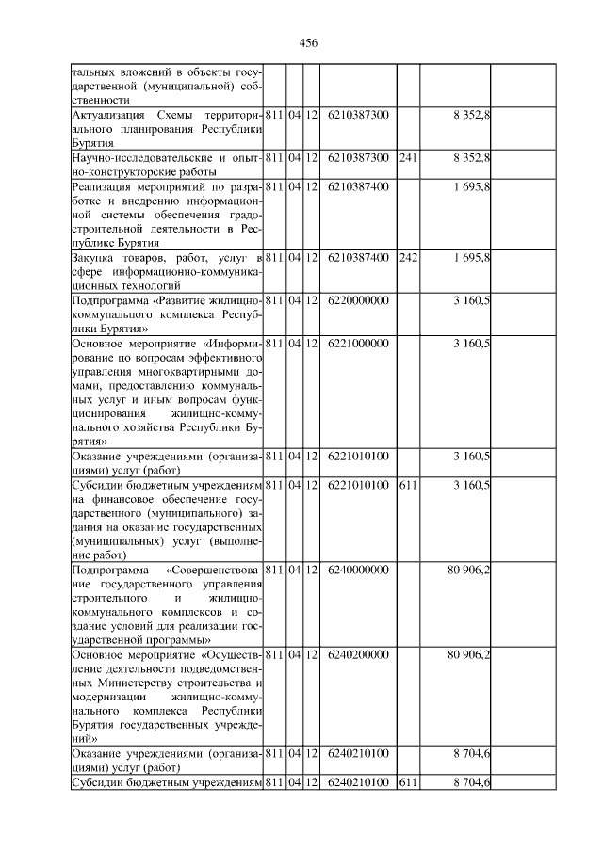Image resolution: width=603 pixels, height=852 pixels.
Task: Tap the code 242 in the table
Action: click(x=408, y=258)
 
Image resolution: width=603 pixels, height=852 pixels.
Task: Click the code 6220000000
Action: click(x=358, y=300)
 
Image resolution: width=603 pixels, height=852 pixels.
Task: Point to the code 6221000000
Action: click(x=358, y=344)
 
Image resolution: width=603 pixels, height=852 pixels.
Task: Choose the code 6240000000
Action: click(x=358, y=569)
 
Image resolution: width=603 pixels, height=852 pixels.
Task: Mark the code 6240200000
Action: click(x=358, y=654)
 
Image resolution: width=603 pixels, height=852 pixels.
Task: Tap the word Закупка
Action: click(x=94, y=258)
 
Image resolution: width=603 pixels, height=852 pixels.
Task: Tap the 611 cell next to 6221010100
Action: click(x=408, y=484)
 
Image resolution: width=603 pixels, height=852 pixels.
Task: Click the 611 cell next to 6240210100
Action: click(x=408, y=783)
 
